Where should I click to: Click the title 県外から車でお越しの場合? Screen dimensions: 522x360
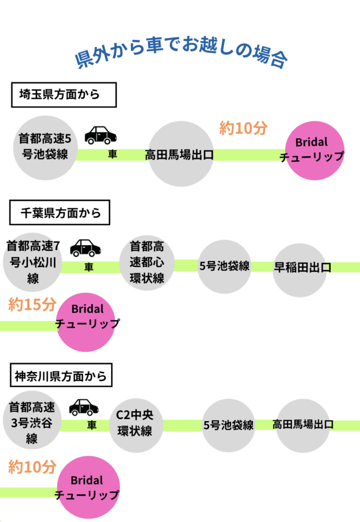tap(181, 56)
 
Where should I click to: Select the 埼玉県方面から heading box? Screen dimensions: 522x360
tap(64, 95)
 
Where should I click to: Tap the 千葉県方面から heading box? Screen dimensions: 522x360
tap(60, 213)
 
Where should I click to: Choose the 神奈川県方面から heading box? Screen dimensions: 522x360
tap(61, 377)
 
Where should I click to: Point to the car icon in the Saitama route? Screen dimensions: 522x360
tap(100, 135)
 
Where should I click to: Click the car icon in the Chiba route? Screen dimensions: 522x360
tap(85, 248)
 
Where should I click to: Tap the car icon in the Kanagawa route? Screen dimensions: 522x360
tap(84, 407)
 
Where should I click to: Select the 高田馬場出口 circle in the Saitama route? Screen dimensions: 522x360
tap(179, 154)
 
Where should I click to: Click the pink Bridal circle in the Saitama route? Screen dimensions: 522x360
tap(312, 150)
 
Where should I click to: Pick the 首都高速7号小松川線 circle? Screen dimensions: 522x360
tap(33, 263)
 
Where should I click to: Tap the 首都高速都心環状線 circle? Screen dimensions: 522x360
tap(147, 263)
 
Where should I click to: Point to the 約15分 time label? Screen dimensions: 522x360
tap(32, 305)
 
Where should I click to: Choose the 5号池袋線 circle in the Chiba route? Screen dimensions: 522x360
tap(224, 266)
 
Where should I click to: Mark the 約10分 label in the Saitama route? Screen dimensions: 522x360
tap(243, 128)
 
